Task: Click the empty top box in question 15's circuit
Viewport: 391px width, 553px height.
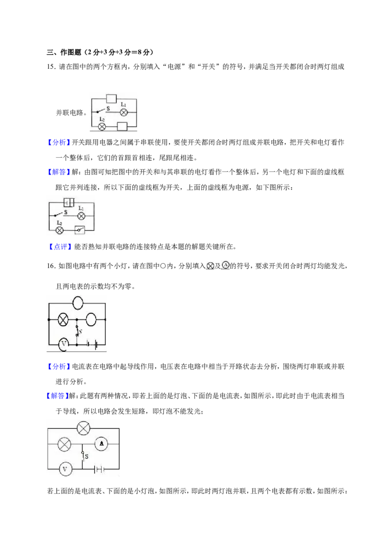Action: coord(111,99)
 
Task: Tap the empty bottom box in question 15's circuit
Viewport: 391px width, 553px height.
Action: coord(122,127)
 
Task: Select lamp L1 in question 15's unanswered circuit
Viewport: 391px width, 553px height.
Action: coord(124,112)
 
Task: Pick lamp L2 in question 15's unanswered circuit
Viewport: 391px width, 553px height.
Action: coord(102,127)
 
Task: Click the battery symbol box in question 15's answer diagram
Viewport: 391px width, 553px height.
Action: coord(69,202)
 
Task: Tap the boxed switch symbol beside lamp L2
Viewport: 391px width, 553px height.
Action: coord(80,230)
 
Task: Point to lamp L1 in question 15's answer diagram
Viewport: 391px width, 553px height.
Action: coord(81,216)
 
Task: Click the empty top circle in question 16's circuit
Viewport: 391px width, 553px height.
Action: coord(78,302)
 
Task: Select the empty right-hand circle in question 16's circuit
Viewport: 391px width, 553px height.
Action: coord(91,319)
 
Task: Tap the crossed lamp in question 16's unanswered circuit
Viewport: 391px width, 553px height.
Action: coord(63,319)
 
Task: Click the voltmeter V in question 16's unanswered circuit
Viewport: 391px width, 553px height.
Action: coord(64,344)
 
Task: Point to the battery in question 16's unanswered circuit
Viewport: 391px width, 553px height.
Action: coord(93,344)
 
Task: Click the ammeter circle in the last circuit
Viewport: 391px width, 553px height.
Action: coord(102,444)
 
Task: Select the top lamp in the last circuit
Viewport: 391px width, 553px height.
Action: coord(83,428)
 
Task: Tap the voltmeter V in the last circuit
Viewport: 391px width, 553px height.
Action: coord(65,469)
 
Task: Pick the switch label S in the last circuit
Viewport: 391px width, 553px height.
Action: coord(87,456)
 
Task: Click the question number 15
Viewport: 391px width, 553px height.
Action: coord(51,66)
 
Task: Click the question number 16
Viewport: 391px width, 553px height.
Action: coord(51,266)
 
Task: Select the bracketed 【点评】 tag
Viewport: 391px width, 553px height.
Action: coord(59,247)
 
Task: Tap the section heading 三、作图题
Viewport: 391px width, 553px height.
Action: coord(64,52)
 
